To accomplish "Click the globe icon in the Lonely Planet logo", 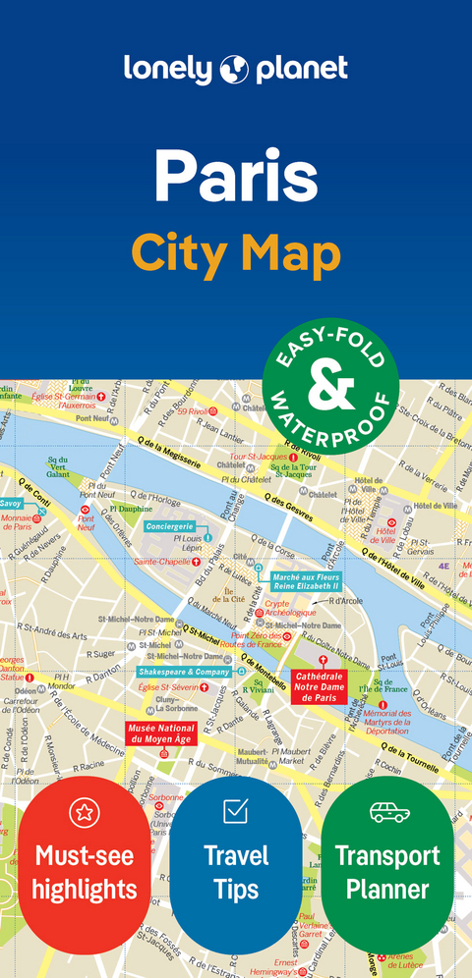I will tap(237, 69).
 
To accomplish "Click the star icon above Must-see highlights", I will tap(85, 812).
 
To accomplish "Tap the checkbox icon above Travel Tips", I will tap(236, 811).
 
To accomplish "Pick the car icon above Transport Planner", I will tap(387, 812).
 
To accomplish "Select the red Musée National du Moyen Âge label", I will tap(160, 733).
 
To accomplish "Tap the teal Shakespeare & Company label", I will tap(184, 672).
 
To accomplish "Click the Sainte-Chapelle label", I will tap(162, 561).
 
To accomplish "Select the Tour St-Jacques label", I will tap(259, 457).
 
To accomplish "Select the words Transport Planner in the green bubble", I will tap(387, 872).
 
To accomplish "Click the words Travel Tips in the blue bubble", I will tap(236, 872).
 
